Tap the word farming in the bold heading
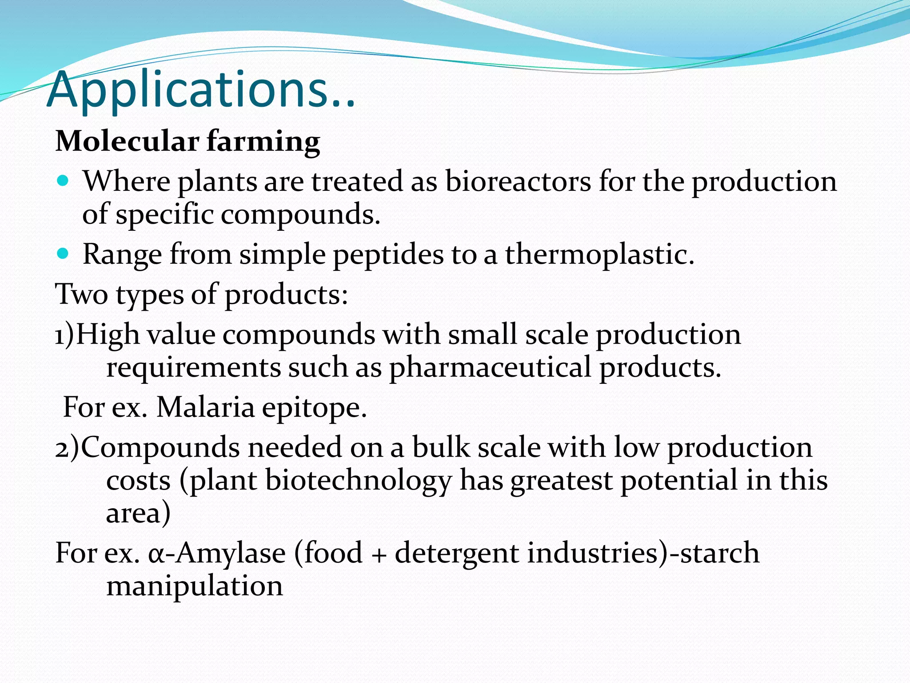pyautogui.click(x=263, y=142)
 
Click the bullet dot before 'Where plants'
pyautogui.click(x=64, y=181)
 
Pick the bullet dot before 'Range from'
pyautogui.click(x=64, y=254)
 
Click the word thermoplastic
pyautogui.click(x=599, y=254)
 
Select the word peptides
pyautogui.click(x=388, y=255)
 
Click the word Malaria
pyautogui.click(x=205, y=407)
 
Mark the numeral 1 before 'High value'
pyautogui.click(x=60, y=335)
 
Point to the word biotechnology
pyautogui.click(x=359, y=481)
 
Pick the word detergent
pyautogui.click(x=456, y=554)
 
